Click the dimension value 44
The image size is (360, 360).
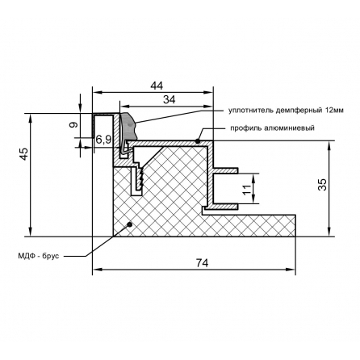157,86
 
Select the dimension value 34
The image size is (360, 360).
170,99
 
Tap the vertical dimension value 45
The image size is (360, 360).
24,154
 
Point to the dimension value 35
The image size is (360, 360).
322,185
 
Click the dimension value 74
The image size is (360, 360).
202,263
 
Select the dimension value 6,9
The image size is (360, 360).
103,140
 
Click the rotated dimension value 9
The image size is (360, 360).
73,124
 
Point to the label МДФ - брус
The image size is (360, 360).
38,256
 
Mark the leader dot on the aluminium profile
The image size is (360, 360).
198,140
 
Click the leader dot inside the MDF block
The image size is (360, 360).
130,224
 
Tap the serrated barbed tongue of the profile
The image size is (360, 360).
140,178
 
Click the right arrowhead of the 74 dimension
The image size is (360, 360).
291,270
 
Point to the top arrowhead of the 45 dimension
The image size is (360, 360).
31,118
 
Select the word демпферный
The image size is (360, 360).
296,111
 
